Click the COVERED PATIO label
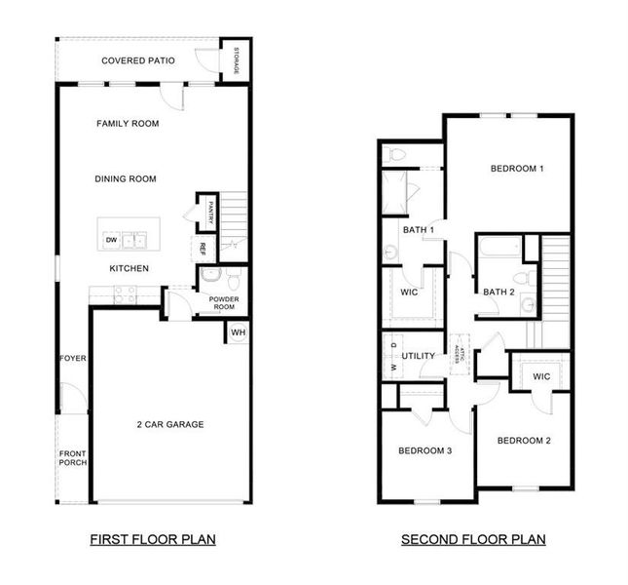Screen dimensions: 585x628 point(138,60)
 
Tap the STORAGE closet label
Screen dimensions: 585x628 point(235,60)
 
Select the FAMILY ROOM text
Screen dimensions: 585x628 point(128,124)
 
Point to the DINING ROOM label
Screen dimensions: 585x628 point(126,178)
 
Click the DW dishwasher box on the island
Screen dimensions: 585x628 point(111,239)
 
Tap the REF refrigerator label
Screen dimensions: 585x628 point(204,248)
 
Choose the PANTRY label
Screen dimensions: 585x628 point(209,213)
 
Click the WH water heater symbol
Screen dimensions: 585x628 point(238,333)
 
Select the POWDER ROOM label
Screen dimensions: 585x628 point(224,303)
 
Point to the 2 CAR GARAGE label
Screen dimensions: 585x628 point(170,424)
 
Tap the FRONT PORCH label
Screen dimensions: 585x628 point(72,457)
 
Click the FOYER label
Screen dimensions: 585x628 point(72,358)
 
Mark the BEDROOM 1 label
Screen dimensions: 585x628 point(516,169)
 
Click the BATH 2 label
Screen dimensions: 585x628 point(499,292)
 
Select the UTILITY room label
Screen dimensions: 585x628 point(418,357)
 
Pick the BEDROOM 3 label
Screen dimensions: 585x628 point(425,450)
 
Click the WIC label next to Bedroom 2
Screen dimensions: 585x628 point(541,376)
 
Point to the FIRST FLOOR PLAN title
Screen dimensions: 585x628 point(153,539)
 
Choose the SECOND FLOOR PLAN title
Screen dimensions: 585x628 point(473,539)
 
